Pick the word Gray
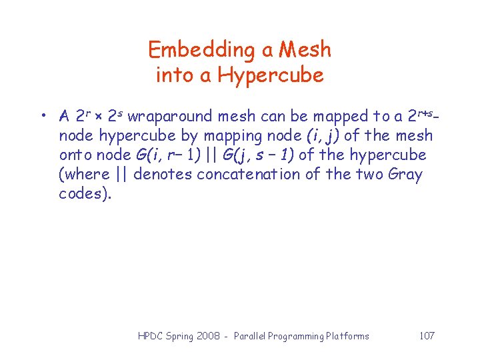403,175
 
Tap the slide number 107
427,335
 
